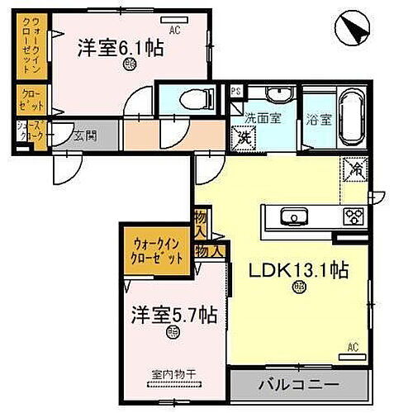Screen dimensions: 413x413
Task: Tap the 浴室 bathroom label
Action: click(x=316, y=118)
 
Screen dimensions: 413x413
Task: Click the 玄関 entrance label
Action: click(x=83, y=136)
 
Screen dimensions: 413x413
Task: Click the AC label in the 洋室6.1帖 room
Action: click(x=174, y=29)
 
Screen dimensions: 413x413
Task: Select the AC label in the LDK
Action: click(x=353, y=346)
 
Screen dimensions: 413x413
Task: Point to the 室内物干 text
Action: click(x=173, y=373)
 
